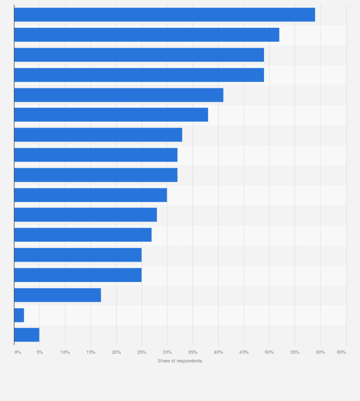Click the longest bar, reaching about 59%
[164, 15]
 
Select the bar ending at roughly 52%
[147, 35]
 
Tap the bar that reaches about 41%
[118, 95]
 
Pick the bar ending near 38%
[111, 115]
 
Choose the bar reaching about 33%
[98, 135]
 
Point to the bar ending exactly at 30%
[90, 195]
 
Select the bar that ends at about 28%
[85, 215]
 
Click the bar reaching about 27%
[83, 235]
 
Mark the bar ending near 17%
[57, 295]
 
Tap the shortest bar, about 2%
[19, 315]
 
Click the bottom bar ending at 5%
[27, 335]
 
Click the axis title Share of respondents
[180, 361]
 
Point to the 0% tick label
[18, 352]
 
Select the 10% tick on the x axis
[65, 352]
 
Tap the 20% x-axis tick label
[116, 352]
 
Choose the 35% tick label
[192, 352]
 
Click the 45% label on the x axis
[244, 352]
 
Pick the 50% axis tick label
[269, 352]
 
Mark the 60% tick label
[320, 352]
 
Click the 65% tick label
[341, 352]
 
